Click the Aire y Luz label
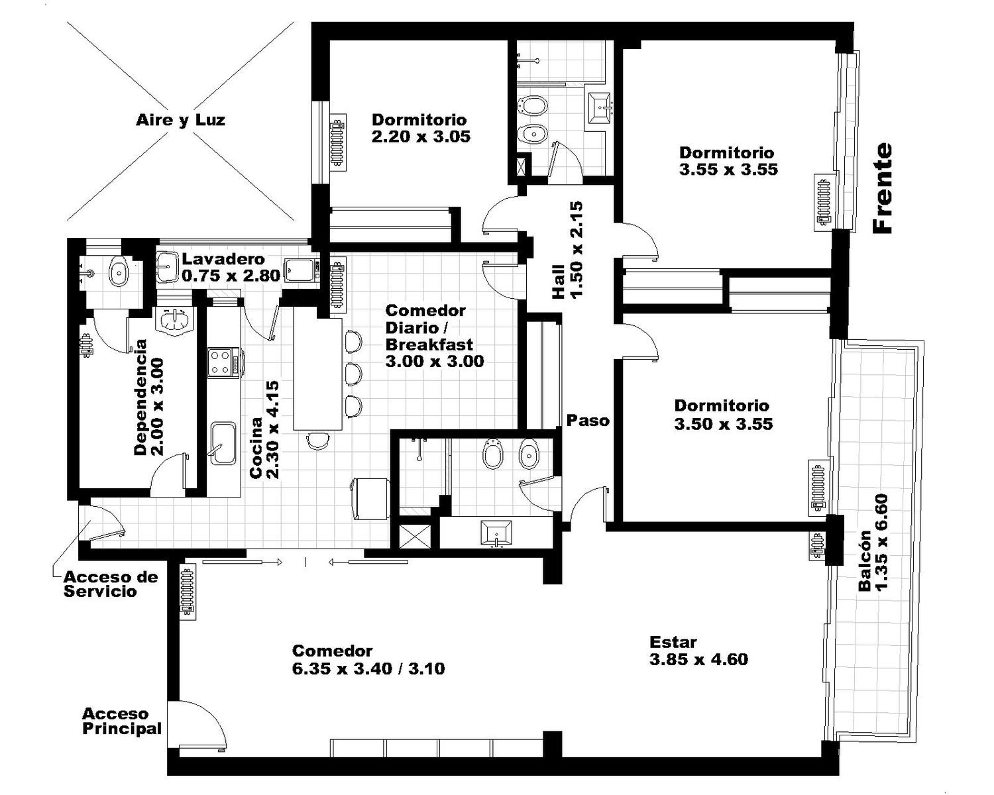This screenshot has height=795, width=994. (180, 121)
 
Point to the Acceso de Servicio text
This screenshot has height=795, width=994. (111, 584)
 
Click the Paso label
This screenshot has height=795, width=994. (588, 421)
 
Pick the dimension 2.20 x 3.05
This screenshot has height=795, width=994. (421, 136)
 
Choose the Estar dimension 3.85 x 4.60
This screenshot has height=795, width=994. (698, 659)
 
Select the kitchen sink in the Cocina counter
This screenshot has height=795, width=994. (223, 443)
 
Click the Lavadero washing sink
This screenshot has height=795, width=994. (167, 266)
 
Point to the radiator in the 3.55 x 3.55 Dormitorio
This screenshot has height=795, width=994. (822, 202)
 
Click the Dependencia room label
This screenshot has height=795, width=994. (148, 397)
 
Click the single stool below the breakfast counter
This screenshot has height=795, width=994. (318, 440)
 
